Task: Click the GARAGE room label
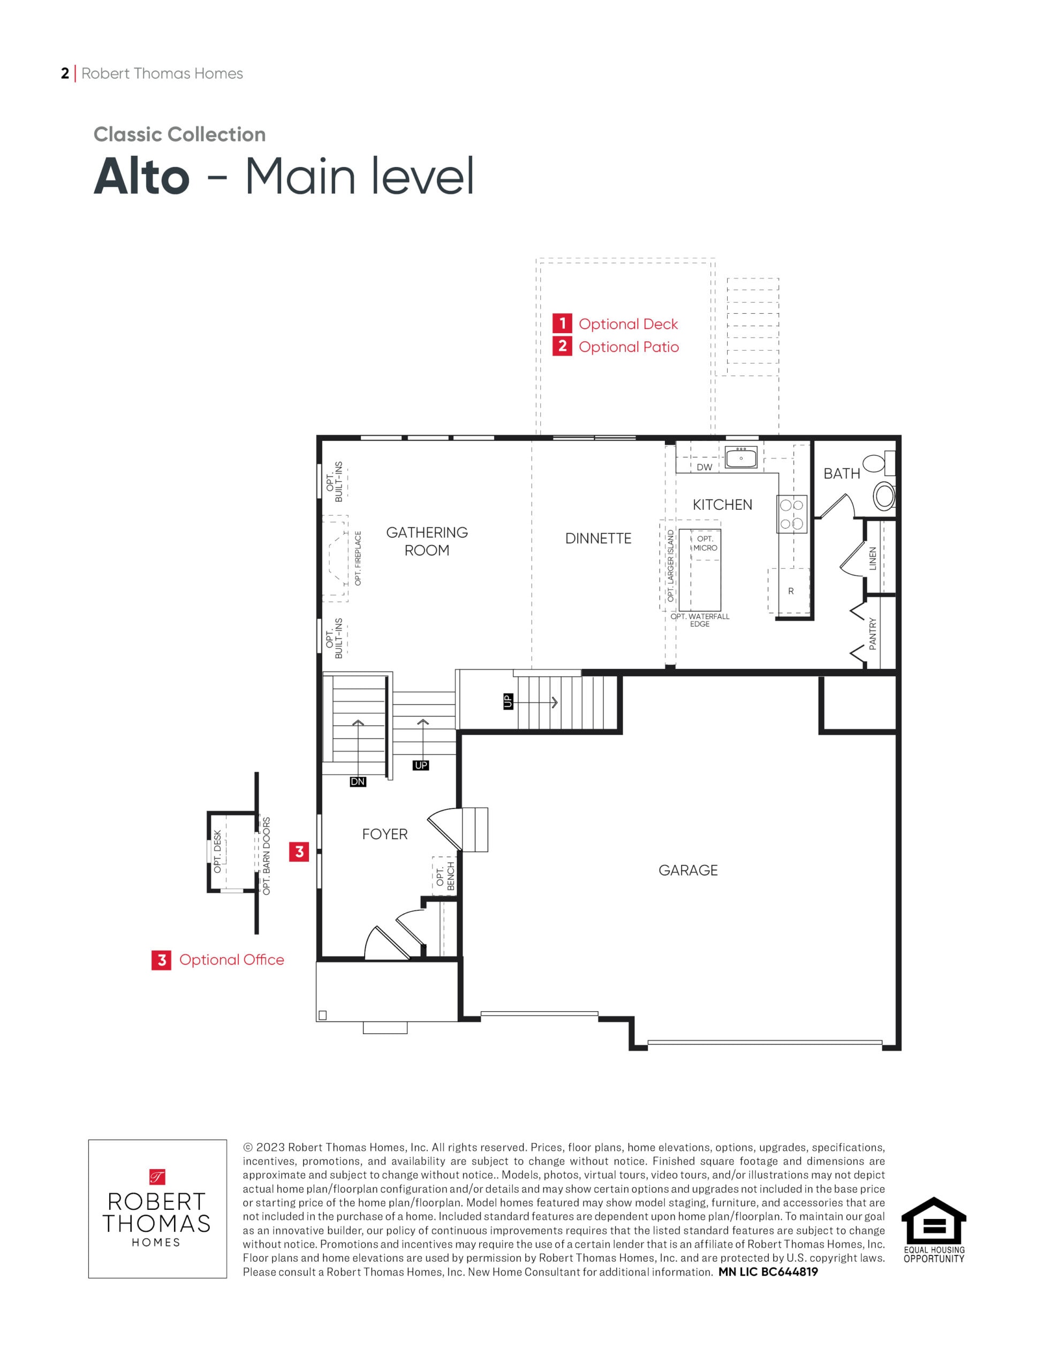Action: click(688, 870)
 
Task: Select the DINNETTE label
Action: click(598, 539)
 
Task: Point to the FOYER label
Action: click(385, 834)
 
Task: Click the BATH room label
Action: click(842, 474)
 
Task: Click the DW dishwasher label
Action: click(705, 467)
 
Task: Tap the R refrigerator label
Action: click(791, 591)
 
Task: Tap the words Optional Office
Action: click(232, 960)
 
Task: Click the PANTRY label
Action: click(873, 634)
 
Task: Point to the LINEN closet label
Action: click(873, 559)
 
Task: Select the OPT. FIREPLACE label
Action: click(358, 558)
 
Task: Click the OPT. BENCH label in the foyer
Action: click(445, 876)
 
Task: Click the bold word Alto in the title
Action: click(141, 177)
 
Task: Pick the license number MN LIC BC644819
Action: click(768, 1272)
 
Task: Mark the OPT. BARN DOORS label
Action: click(266, 856)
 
